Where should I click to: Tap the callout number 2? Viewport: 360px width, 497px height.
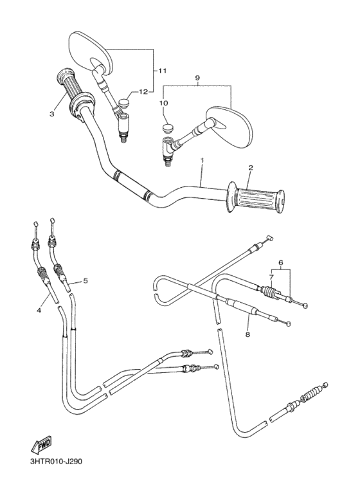click(x=251, y=168)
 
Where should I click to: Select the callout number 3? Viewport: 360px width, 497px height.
click(x=51, y=114)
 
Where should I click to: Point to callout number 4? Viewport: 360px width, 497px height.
click(x=39, y=311)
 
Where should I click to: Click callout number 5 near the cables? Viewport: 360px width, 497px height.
click(x=85, y=280)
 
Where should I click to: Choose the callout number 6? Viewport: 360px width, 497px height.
click(x=280, y=262)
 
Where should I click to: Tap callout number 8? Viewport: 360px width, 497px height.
click(x=247, y=334)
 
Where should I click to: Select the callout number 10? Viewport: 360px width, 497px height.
click(x=164, y=102)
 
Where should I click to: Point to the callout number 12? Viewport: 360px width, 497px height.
click(x=143, y=92)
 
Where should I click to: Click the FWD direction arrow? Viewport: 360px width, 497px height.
click(x=42, y=444)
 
